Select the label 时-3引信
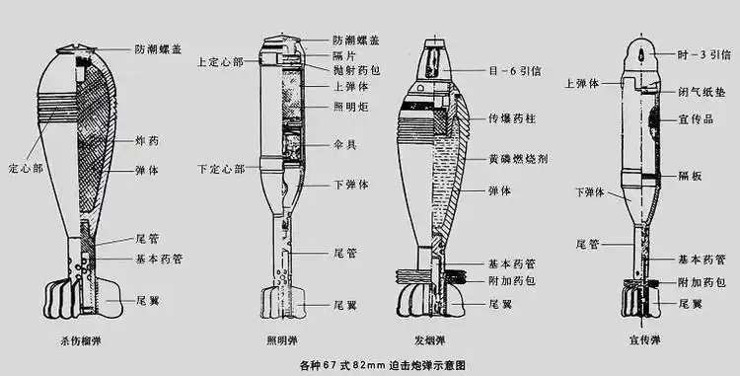click(x=702, y=53)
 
